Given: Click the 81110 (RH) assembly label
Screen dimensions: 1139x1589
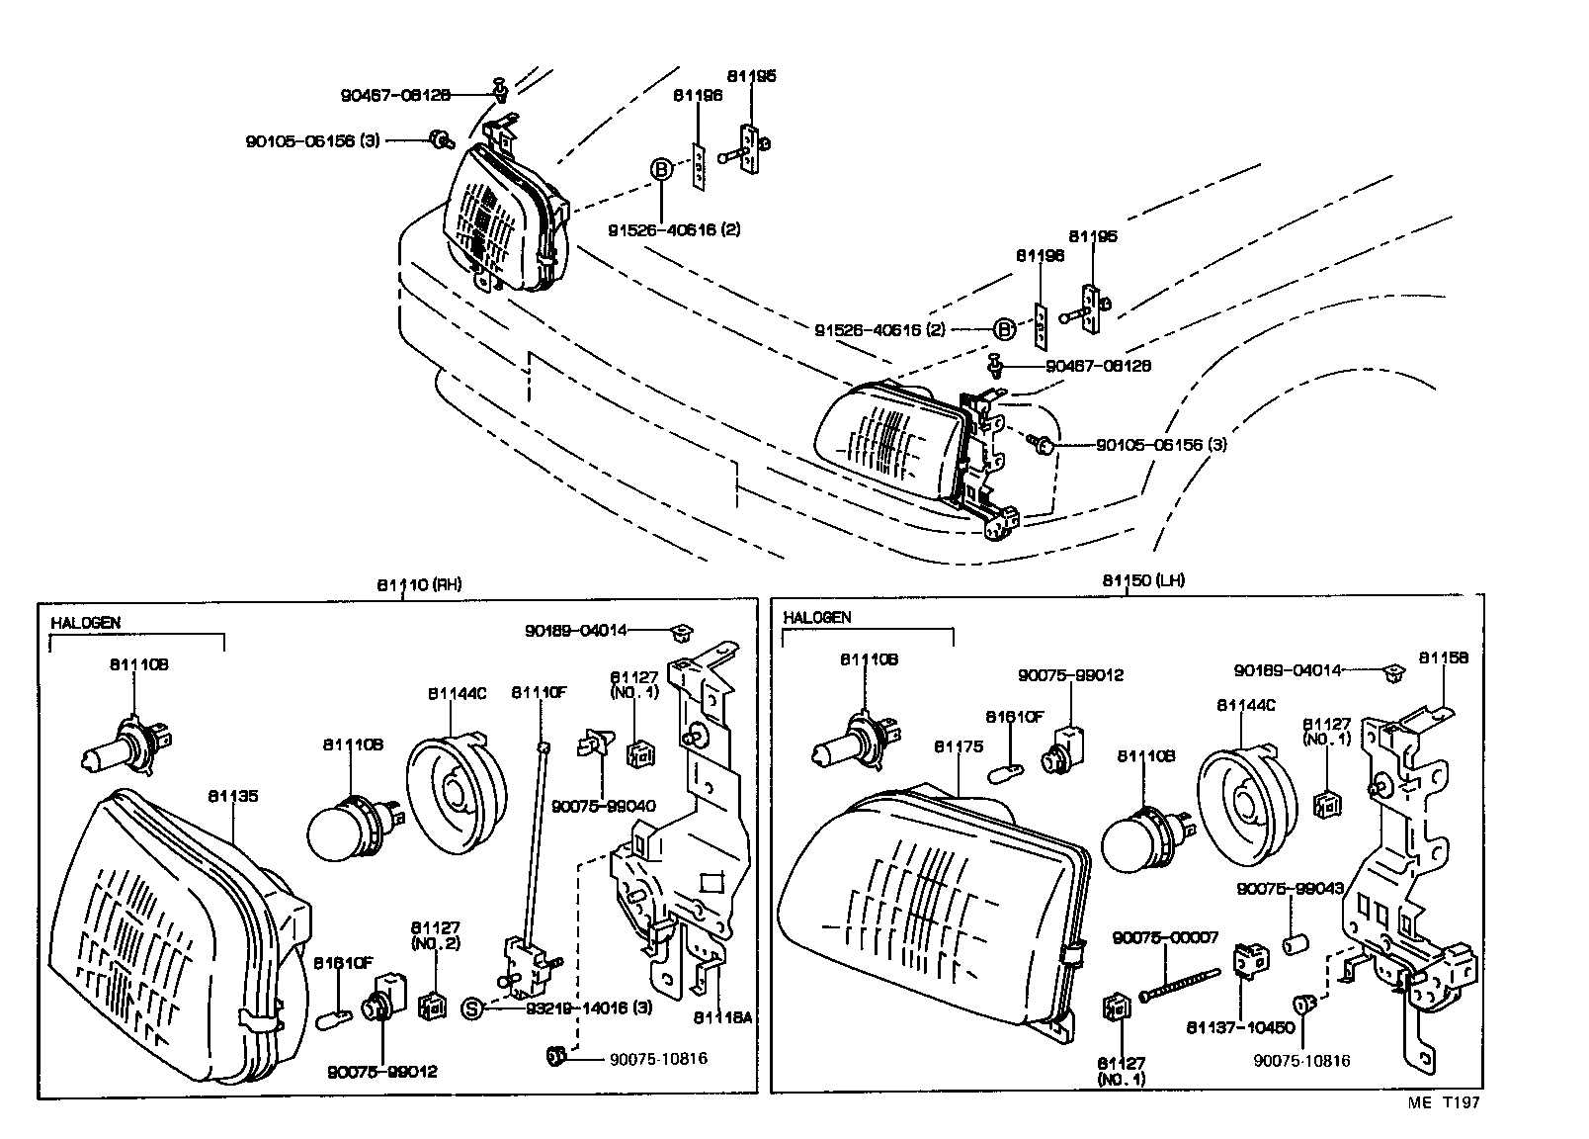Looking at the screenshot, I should coord(419,584).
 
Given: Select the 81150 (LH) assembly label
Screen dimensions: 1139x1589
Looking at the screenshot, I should coord(1143,580).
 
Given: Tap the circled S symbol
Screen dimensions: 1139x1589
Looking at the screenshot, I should coord(472,1008).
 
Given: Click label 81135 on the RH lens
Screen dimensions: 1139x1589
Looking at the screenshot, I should coord(233,796).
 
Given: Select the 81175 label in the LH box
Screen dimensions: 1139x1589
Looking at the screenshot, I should coord(959,747).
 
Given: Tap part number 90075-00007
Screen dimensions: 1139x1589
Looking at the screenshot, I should coord(1165,937).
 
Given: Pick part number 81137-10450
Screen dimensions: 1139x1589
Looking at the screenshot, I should coord(1240,1027).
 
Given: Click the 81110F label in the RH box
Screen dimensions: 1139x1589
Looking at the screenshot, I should coord(539,693).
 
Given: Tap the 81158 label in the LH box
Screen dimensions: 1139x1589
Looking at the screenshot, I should coord(1444,657).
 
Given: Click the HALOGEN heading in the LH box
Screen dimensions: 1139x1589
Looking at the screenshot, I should coord(817,618).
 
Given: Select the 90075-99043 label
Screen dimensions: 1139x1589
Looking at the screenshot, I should coord(1290,889).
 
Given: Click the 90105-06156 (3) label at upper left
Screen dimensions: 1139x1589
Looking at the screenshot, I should coord(312,140).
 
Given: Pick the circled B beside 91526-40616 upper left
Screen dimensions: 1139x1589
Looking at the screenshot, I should coord(661,169).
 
